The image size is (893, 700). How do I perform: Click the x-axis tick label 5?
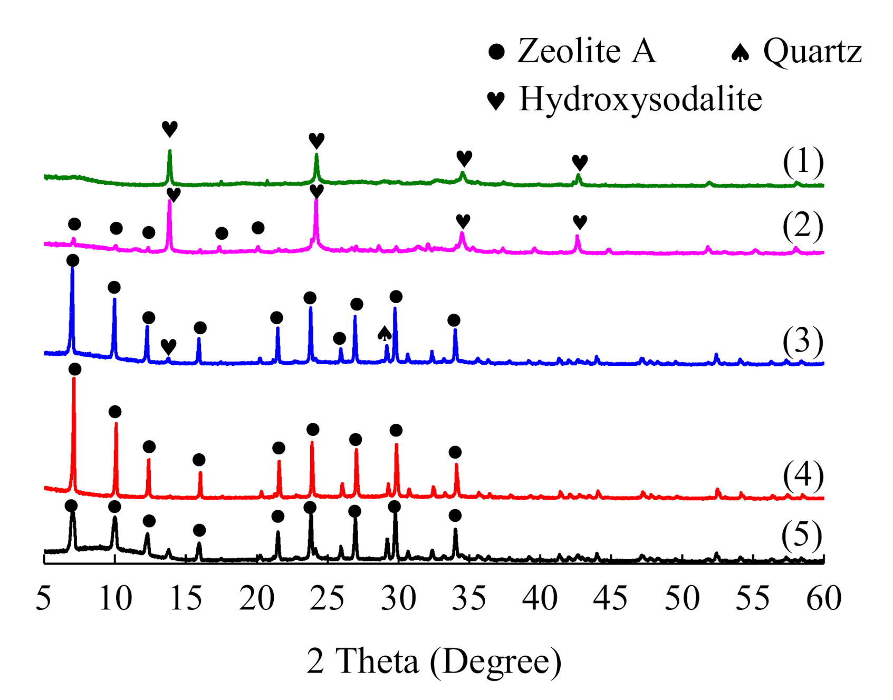point(44,598)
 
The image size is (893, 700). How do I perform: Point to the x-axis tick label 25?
point(327,598)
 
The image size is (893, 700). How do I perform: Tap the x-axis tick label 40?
point(540,598)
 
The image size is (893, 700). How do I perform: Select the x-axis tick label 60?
point(823,598)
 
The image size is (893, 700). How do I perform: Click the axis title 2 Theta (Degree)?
point(434,660)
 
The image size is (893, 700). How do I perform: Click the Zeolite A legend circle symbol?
point(496,52)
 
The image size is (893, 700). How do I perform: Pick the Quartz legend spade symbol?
point(741,53)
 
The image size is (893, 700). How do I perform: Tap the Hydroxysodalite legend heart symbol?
point(496,100)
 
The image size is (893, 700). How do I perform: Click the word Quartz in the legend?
point(812,52)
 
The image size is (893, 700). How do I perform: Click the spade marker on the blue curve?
point(385,333)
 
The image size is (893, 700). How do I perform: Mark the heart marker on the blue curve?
point(168,346)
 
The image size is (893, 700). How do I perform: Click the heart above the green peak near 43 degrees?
point(580,162)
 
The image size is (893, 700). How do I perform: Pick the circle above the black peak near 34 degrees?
point(455,515)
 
